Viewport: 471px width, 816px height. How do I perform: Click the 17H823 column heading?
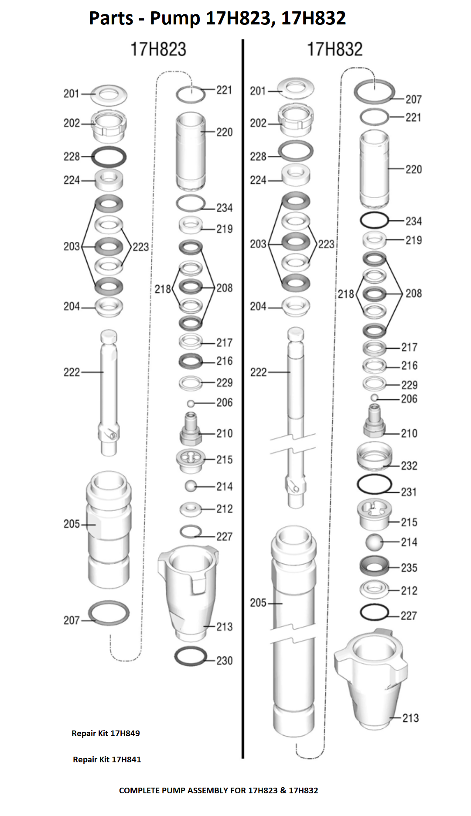(158, 49)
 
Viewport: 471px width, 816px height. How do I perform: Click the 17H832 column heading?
(335, 49)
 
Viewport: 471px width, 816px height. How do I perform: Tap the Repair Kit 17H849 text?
(106, 733)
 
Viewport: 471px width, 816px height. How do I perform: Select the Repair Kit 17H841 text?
(107, 759)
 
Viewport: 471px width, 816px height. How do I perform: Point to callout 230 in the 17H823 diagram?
(225, 661)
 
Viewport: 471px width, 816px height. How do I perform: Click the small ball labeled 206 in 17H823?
(191, 403)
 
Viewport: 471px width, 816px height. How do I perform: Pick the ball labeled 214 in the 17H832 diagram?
(374, 542)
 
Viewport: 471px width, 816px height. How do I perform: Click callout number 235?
(409, 568)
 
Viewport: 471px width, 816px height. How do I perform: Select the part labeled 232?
(374, 456)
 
